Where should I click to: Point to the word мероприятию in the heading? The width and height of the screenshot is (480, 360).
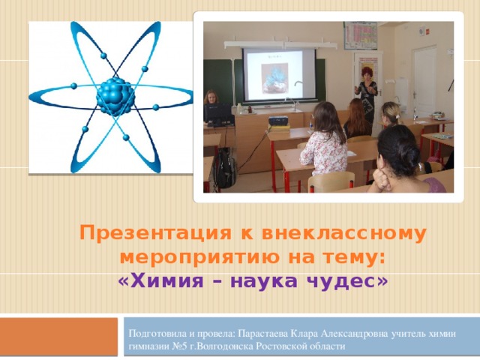pyautogui.click(x=187, y=257)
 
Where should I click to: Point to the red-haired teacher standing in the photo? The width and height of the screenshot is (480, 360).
pyautogui.click(x=367, y=93)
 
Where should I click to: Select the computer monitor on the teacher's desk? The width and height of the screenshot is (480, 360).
pyautogui.click(x=218, y=115)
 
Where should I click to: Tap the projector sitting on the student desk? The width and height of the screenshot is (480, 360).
pyautogui.click(x=278, y=120)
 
